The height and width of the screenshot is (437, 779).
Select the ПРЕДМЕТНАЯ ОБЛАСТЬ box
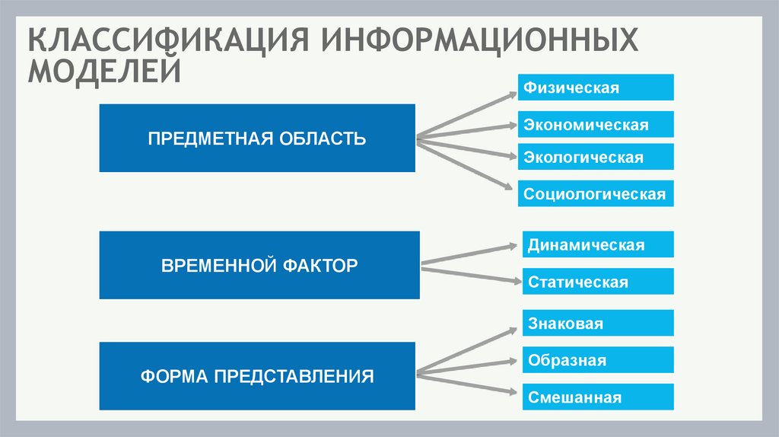coord(257,139)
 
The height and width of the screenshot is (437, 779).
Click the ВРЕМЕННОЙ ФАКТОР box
coord(259,266)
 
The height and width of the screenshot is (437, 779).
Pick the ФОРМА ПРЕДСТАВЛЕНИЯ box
coord(257,376)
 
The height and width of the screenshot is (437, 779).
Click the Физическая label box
coord(596,88)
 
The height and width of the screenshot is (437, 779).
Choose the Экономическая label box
coord(596,124)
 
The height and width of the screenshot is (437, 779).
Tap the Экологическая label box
coord(596,157)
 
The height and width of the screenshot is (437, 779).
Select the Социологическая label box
coord(596,193)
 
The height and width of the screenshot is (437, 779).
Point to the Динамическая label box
coord(598,244)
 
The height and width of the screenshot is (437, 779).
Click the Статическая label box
coord(598,282)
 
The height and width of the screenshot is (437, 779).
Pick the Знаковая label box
coord(598,323)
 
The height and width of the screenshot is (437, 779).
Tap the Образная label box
coord(598,359)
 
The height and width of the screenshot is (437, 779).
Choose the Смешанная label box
coord(598,397)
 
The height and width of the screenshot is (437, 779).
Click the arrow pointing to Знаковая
coord(466,351)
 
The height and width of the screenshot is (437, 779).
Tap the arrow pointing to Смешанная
coord(466,384)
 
